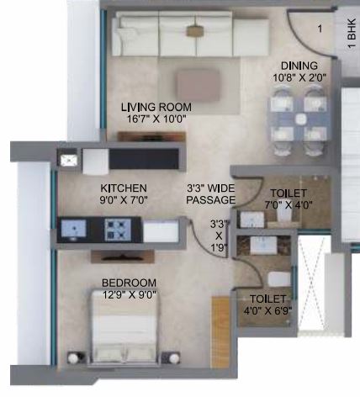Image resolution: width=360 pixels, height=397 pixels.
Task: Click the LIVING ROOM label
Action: pos(156,107)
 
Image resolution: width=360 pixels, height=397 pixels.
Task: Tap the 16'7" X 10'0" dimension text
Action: pos(156,119)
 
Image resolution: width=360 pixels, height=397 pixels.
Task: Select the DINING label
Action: pos(299,66)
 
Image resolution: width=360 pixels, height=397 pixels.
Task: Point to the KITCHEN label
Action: pos(124,188)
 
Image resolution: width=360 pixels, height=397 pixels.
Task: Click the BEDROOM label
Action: pos(129,283)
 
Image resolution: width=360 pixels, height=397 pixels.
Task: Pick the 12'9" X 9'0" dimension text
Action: pos(129,295)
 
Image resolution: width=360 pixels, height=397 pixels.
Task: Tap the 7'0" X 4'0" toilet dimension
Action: pos(289,205)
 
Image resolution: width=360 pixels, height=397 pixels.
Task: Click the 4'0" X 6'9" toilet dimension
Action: pos(267,310)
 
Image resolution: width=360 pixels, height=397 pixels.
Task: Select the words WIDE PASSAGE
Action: pos(212,194)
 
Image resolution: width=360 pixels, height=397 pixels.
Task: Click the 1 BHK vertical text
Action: pos(352,34)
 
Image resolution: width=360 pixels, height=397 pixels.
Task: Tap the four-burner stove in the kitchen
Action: pos(118,230)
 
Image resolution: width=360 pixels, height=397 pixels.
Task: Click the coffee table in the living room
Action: pos(198,85)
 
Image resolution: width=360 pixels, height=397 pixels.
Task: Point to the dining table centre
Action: pos(299,119)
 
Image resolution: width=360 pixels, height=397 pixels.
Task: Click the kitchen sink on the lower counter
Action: pos(73,229)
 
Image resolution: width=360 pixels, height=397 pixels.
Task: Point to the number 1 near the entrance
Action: pos(320,29)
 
